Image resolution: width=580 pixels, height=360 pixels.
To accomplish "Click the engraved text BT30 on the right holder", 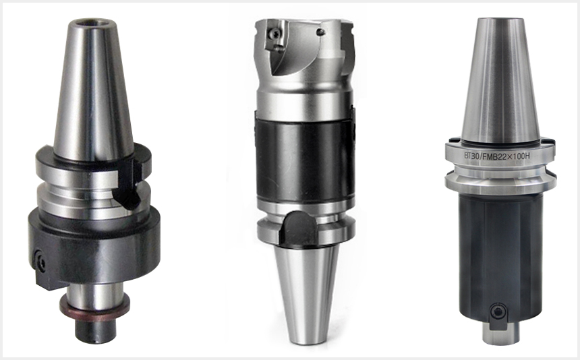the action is (471, 156).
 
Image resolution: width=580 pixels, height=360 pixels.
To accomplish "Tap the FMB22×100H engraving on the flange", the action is (506, 156).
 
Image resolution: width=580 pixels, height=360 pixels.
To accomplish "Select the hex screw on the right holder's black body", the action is (498, 312).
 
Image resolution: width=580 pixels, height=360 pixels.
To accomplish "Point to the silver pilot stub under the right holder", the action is (501, 332).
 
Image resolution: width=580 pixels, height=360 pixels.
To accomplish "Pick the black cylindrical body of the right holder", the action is (500, 259).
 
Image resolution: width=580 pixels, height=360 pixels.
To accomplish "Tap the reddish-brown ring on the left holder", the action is (95, 305).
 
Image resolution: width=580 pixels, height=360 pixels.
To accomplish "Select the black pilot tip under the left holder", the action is (95, 330).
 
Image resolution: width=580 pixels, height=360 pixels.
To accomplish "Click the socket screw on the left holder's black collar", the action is (40, 263).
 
